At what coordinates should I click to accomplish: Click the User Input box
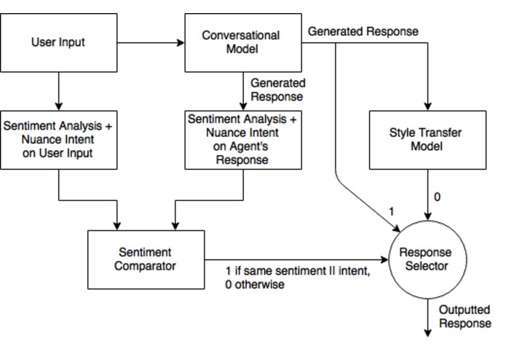(x=58, y=42)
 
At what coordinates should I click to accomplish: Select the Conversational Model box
(x=242, y=42)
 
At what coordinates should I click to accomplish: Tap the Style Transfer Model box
(x=427, y=140)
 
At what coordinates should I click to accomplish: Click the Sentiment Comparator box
(x=146, y=259)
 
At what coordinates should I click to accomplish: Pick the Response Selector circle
(x=426, y=259)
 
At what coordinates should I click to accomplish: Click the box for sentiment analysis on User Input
(x=58, y=140)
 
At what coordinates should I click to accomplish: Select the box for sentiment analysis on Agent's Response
(x=242, y=140)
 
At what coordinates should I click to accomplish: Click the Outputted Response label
(x=465, y=317)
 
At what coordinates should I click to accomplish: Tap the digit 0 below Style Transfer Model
(x=437, y=197)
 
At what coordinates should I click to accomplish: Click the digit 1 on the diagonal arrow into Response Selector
(x=391, y=211)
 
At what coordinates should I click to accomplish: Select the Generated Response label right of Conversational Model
(x=363, y=32)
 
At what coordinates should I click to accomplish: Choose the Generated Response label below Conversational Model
(x=277, y=90)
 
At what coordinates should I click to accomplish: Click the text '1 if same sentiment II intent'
(x=298, y=272)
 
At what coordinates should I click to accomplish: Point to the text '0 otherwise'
(x=255, y=285)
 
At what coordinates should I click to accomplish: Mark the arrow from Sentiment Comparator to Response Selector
(x=299, y=259)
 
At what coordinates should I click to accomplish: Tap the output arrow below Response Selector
(x=427, y=317)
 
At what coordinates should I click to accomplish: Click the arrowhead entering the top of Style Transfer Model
(x=427, y=106)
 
